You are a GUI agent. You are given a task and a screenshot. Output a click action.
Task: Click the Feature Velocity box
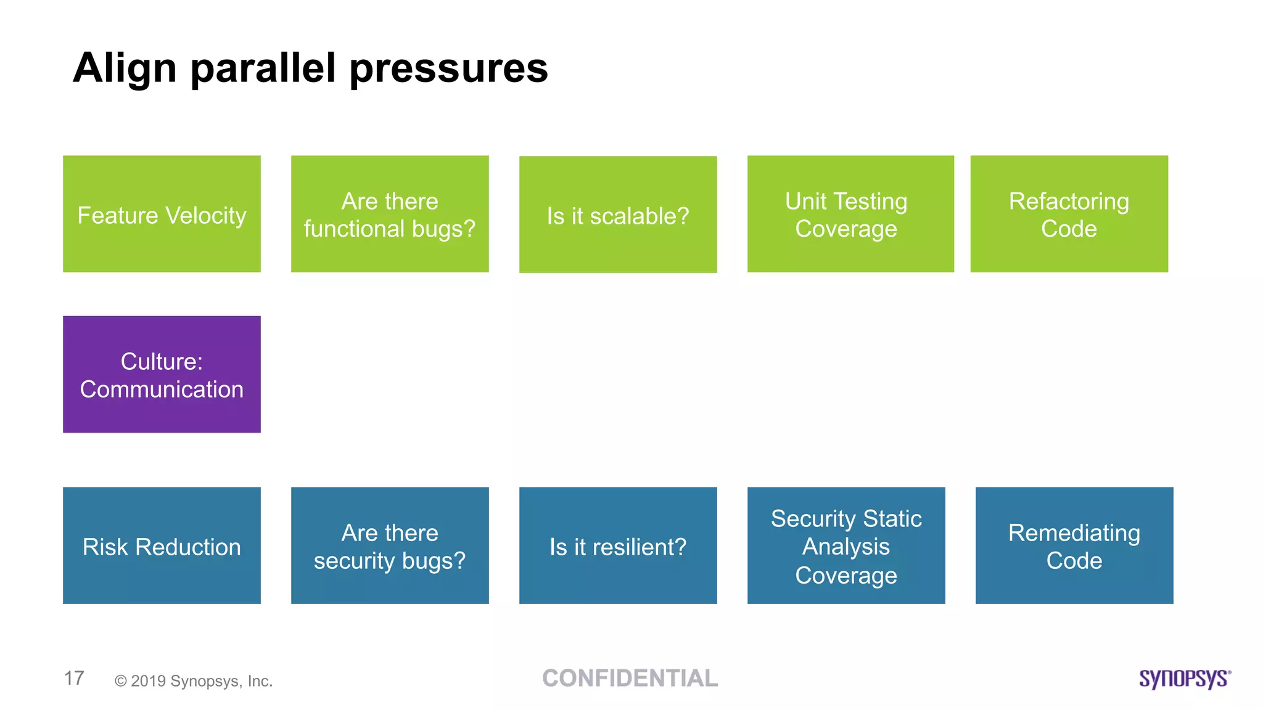162,213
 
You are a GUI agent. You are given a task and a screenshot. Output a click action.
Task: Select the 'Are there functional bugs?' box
390,213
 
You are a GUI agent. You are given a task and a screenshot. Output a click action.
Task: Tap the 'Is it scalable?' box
618,214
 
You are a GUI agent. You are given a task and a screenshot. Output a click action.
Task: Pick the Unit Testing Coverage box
850,213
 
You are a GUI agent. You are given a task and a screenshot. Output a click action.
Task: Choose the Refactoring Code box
1069,213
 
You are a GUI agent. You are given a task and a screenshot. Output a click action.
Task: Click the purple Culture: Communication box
162,374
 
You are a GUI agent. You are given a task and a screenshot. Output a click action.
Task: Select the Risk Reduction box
162,545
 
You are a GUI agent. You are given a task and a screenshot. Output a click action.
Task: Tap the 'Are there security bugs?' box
390,545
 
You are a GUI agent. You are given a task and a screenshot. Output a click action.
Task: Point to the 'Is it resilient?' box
618,545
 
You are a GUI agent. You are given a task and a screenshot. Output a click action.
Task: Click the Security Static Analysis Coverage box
846,545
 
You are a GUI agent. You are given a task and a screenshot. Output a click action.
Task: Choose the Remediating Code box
1074,545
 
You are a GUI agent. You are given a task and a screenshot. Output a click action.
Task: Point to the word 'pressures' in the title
449,69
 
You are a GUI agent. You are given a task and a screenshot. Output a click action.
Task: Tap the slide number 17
74,678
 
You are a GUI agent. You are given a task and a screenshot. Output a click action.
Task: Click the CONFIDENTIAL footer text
630,678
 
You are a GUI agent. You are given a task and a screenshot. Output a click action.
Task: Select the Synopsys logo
1185,679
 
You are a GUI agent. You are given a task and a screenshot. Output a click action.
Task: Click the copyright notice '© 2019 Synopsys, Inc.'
194,681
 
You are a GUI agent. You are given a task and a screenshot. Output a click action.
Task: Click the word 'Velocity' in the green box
206,216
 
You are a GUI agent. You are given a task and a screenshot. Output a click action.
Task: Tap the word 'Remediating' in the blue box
1074,532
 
